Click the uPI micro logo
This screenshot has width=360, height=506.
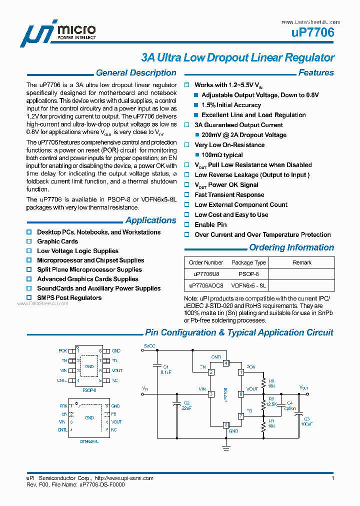[58, 34]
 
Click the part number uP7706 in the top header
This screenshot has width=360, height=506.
[312, 33]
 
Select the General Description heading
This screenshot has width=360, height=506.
[136, 73]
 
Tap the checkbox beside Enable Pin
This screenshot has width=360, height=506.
[187, 225]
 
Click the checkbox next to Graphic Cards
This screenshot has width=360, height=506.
[29, 241]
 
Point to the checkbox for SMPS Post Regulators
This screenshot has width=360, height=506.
[29, 298]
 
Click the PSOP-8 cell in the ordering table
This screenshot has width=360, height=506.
[248, 274]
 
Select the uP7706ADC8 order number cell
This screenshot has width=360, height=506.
[206, 285]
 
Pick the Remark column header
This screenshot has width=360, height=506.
[302, 262]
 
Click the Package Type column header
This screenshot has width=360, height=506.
[248, 262]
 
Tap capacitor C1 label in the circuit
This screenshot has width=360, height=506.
[166, 367]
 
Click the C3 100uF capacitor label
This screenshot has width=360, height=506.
[306, 421]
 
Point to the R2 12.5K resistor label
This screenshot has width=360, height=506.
[271, 401]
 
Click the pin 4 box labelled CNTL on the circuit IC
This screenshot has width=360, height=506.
[226, 363]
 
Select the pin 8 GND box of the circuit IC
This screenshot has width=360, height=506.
[226, 425]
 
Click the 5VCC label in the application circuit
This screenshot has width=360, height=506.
[150, 346]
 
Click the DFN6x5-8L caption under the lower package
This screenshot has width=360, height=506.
[89, 441]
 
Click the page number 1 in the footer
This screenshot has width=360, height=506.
[332, 478]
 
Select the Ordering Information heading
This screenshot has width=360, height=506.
[291, 247]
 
